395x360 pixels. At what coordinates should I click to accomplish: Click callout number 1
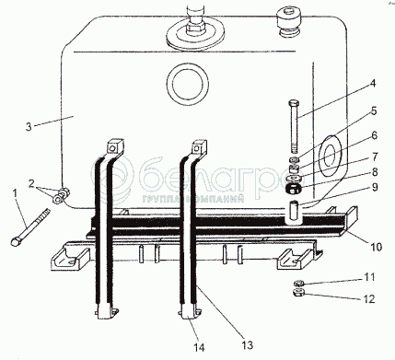15,194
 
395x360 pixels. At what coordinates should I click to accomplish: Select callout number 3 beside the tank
29,127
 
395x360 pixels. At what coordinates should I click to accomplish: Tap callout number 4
373,84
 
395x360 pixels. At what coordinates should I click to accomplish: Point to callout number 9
375,187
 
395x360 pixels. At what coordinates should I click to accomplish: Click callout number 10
377,247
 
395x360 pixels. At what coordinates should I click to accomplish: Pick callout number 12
369,298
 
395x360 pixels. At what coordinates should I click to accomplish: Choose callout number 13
248,345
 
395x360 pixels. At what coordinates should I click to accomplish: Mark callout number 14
199,347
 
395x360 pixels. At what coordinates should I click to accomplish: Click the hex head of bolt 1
15,241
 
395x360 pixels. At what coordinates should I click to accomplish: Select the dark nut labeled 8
293,189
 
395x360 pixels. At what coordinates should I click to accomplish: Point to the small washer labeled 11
298,283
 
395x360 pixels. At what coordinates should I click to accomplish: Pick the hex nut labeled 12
298,293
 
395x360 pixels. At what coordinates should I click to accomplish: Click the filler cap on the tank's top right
289,22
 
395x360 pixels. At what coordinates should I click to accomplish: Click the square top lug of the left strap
115,146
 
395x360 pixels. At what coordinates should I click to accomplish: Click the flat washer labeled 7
295,179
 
